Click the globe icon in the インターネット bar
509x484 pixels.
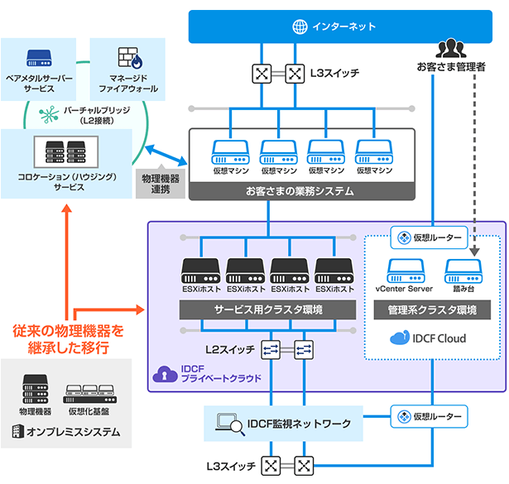pos(299,26)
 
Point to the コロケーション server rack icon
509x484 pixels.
pos(66,151)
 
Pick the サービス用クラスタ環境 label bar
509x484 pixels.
pos(268,309)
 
